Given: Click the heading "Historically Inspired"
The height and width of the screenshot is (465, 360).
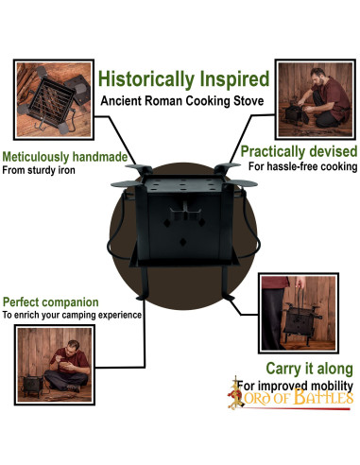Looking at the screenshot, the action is click(x=184, y=79).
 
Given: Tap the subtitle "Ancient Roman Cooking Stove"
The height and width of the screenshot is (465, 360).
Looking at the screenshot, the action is click(x=182, y=101).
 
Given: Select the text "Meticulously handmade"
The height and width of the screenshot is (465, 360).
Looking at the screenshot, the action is click(x=65, y=157).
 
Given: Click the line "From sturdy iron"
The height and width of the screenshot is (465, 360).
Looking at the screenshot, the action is click(x=39, y=170).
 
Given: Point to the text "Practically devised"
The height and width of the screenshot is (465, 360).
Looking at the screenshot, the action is click(x=299, y=151).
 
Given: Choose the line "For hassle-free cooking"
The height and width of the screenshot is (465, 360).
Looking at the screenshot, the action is click(x=302, y=166).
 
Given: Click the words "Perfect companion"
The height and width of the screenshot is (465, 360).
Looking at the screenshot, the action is click(x=51, y=302).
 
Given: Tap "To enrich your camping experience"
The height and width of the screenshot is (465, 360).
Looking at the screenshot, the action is click(x=72, y=315).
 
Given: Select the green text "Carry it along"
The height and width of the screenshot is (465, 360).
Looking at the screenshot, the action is click(x=309, y=369).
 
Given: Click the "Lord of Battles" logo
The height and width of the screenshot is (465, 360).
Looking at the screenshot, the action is click(x=290, y=395).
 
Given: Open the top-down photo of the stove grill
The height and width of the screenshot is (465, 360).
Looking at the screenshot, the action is click(x=54, y=99).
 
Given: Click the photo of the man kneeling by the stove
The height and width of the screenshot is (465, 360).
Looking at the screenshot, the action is click(x=316, y=99).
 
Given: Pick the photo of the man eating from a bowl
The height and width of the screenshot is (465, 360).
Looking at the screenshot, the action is click(x=55, y=365).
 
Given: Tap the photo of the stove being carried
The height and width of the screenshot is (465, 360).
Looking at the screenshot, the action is click(x=299, y=313).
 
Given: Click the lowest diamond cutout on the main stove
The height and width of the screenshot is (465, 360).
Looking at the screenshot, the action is click(x=182, y=242).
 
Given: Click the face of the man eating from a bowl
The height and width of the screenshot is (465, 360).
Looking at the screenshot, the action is click(x=73, y=346).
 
